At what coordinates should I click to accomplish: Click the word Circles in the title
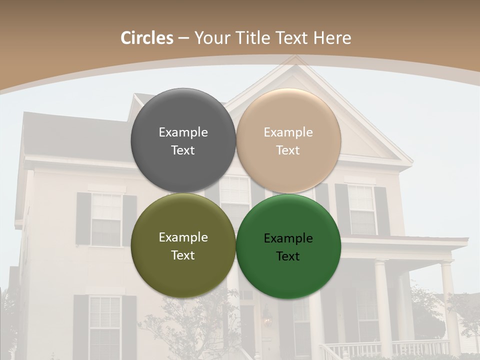coord(147,38)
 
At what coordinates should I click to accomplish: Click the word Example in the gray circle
coord(183,132)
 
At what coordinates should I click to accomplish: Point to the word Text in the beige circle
coord(288,150)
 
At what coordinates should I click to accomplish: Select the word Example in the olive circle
coord(183,237)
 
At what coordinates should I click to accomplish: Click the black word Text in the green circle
coord(288,256)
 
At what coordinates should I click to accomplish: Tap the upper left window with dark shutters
coord(106,219)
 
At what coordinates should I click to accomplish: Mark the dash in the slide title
coord(183,38)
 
